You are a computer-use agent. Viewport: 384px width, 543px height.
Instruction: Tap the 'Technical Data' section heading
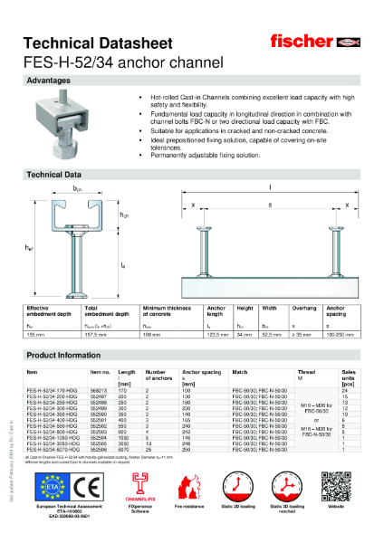click(x=54, y=173)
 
